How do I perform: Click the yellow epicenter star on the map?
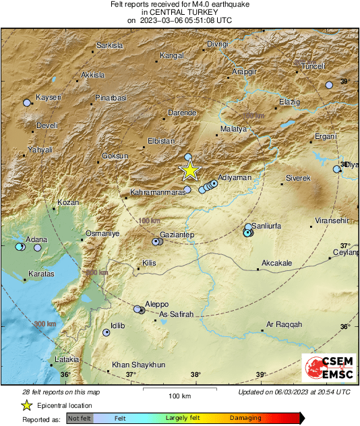pyautogui.click(x=190, y=171)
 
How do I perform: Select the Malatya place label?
pyautogui.click(x=235, y=127)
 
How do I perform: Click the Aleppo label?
pyautogui.click(x=156, y=304)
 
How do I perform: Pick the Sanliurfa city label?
pyautogui.click(x=266, y=226)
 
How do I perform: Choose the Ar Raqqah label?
pyautogui.click(x=281, y=324)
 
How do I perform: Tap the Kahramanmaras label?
pyautogui.click(x=157, y=193)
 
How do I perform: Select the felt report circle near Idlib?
pyautogui.click(x=107, y=332)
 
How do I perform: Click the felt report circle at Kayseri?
pyautogui.click(x=27, y=103)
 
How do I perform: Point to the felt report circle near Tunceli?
pyautogui.click(x=329, y=86)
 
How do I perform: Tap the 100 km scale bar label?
pyautogui.click(x=179, y=395)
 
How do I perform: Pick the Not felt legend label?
pyautogui.click(x=80, y=418)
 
